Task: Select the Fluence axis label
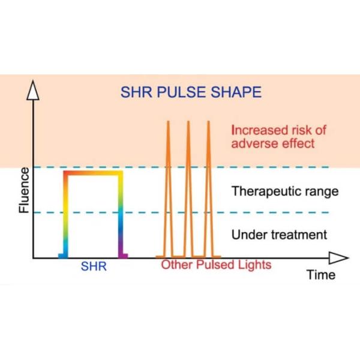(24, 190)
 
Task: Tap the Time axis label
(321, 275)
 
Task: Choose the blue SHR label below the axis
(94, 266)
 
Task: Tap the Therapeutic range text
(285, 191)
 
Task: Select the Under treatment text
(279, 235)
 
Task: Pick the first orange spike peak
(168, 122)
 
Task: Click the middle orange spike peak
(188, 122)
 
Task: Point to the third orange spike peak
(209, 122)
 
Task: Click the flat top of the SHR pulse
(94, 173)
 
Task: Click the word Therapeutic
(261, 191)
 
